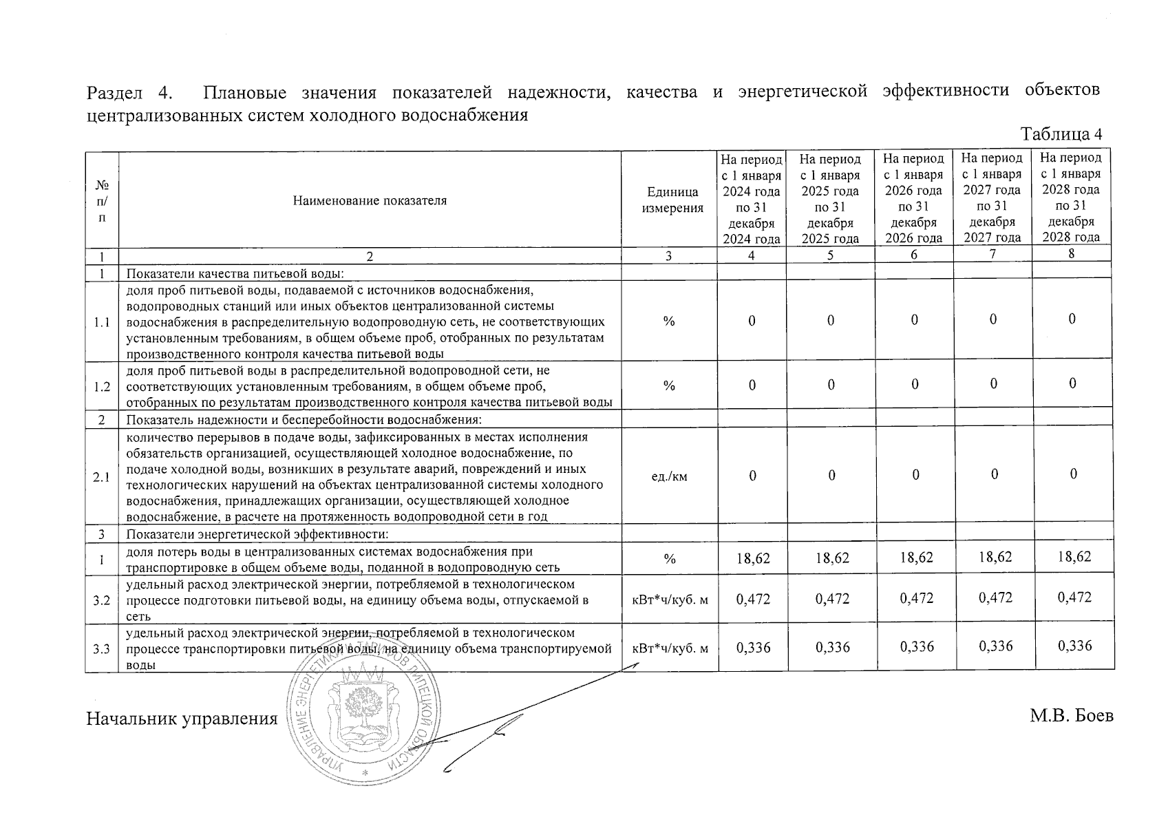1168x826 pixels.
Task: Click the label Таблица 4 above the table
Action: tap(1061, 134)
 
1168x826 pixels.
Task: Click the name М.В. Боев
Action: tap(1071, 717)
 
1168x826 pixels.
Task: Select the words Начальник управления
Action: tap(182, 719)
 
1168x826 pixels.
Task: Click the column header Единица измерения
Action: tap(672, 200)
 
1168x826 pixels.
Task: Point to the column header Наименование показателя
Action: tap(370, 200)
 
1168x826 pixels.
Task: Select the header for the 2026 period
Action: tap(913, 198)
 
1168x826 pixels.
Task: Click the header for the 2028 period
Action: tap(1071, 198)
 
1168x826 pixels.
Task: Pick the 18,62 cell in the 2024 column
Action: tap(753, 558)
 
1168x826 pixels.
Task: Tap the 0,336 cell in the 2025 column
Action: tap(832, 647)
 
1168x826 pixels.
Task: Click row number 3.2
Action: tap(102, 600)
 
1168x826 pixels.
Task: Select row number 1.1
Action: tap(102, 321)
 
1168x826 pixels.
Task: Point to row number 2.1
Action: tap(102, 476)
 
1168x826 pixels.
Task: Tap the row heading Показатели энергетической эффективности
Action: tap(257, 534)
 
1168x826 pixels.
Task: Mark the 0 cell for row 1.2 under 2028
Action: tap(1072, 384)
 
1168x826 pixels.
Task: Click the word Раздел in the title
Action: tap(114, 92)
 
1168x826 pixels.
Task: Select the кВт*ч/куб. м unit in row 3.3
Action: tap(670, 648)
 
